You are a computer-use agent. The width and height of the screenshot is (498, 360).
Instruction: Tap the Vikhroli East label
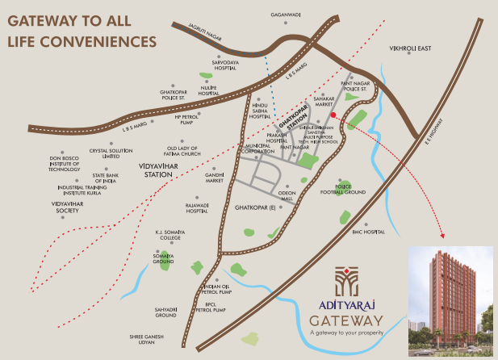pos(410,48)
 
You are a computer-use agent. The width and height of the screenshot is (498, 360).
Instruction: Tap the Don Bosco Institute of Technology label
pos(65,164)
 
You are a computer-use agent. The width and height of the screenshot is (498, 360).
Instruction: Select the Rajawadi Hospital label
pos(198,208)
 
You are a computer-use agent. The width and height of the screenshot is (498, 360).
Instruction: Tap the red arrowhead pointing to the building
pos(441,237)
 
